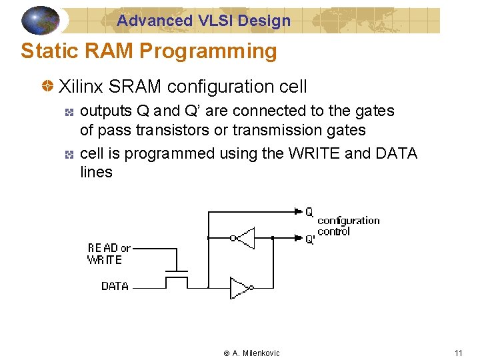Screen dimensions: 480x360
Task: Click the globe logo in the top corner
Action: (x=41, y=20)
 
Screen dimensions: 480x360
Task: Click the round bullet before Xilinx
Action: (x=48, y=87)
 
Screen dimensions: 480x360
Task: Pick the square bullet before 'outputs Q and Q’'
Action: (x=69, y=111)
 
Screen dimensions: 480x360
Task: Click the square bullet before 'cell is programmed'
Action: (x=69, y=154)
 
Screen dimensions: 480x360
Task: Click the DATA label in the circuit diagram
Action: (x=115, y=286)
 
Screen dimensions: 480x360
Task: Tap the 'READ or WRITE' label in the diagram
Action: (x=108, y=253)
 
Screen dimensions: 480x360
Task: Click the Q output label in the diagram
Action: (x=309, y=212)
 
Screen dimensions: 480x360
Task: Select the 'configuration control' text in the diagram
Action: (x=348, y=226)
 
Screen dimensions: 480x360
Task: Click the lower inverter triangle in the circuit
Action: (x=239, y=287)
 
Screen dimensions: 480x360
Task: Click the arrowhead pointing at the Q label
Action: (x=297, y=212)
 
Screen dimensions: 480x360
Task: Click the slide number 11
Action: (x=458, y=353)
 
